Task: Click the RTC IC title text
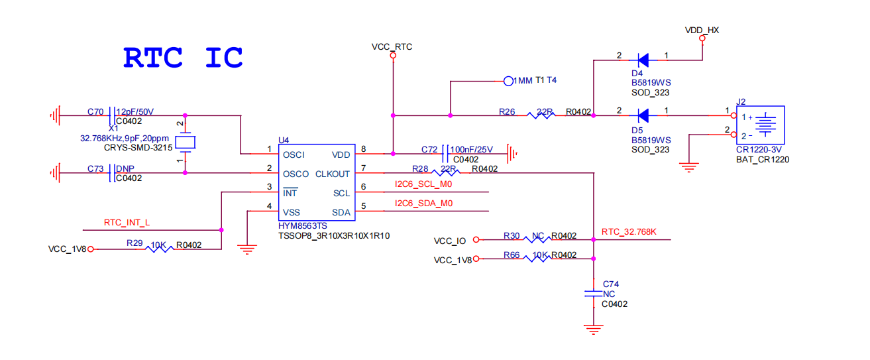(x=183, y=58)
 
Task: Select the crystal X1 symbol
(x=186, y=142)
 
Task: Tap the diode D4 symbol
(x=641, y=61)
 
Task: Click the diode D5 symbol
(x=641, y=115)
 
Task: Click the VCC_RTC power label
(x=392, y=46)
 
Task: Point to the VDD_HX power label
(x=702, y=30)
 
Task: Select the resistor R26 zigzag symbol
(x=540, y=115)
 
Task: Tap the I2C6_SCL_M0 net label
(x=424, y=184)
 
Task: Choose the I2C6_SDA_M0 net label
(x=424, y=204)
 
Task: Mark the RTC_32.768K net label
(x=629, y=232)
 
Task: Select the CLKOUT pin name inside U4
(x=333, y=174)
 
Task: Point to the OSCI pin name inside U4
(x=294, y=154)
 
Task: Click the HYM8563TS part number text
(x=303, y=226)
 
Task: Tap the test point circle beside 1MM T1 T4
(x=508, y=81)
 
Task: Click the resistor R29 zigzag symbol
(x=159, y=249)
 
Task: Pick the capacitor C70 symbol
(x=112, y=116)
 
